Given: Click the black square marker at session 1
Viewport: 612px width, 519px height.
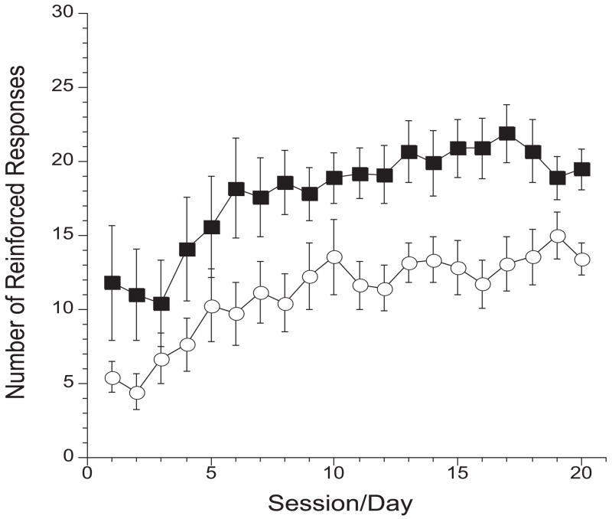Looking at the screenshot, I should click(x=112, y=282).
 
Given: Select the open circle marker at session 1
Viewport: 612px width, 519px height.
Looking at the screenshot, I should click(x=112, y=377).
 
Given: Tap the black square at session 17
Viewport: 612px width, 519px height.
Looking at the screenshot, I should click(x=506, y=133).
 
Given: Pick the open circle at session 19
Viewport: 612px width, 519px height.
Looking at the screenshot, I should click(x=558, y=236).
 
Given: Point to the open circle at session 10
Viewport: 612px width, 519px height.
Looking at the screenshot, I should click(x=334, y=256).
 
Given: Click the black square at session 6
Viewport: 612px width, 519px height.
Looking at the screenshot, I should click(x=236, y=189).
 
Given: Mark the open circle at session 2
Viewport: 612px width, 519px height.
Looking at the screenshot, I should click(x=137, y=392).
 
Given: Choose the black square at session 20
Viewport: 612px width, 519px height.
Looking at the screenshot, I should click(x=581, y=169).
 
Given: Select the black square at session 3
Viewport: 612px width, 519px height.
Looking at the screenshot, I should click(x=161, y=303).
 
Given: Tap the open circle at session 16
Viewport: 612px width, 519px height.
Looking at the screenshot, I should click(x=482, y=283).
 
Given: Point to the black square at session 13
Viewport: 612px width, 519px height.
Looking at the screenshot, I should click(x=408, y=152).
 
